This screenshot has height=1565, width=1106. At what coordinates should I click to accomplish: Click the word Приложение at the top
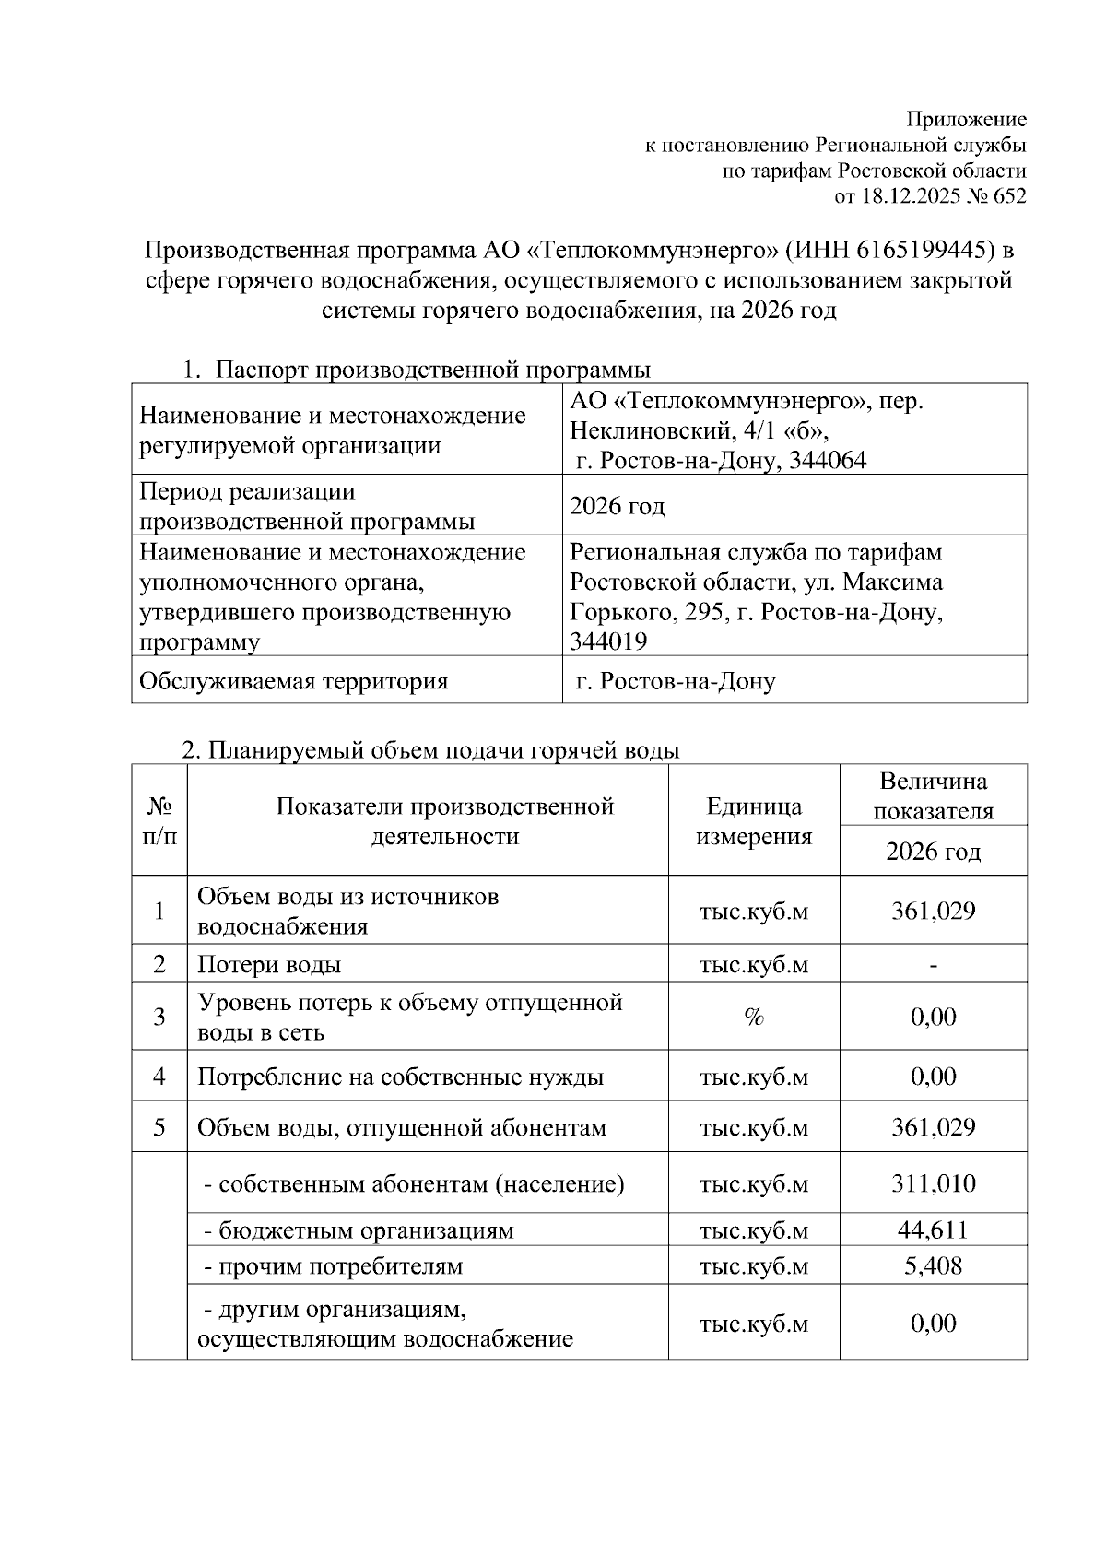click(966, 120)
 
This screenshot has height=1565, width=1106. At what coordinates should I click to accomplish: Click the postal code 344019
click(608, 641)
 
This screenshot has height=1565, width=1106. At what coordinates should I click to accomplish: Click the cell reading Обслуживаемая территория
click(293, 681)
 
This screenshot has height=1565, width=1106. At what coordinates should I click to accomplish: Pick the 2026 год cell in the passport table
click(618, 506)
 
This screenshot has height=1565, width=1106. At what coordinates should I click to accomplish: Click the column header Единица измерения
click(754, 821)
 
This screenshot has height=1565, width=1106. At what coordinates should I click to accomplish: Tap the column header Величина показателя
click(933, 795)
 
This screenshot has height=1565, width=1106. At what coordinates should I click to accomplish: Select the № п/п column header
click(159, 821)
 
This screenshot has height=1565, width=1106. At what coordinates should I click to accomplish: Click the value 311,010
click(933, 1183)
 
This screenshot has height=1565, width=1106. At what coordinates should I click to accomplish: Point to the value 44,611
click(933, 1230)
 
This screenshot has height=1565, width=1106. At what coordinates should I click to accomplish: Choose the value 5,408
click(933, 1265)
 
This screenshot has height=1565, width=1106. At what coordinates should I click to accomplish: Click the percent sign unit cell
click(754, 1017)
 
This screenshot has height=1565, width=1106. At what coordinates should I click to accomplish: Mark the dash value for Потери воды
click(933, 964)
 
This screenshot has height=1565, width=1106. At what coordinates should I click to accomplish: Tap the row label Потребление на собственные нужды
click(401, 1077)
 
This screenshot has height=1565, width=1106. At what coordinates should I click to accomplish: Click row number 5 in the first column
click(159, 1127)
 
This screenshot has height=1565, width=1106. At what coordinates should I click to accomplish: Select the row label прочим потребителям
click(333, 1265)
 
